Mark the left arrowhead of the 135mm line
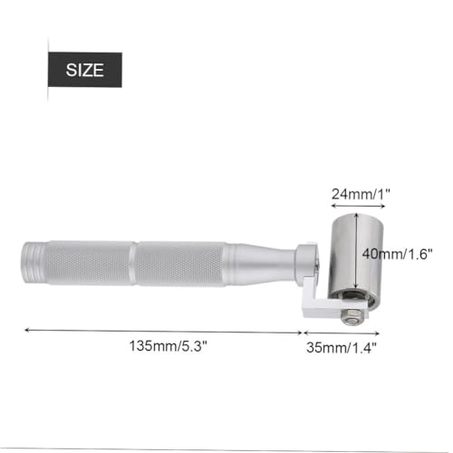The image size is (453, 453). click(25, 331)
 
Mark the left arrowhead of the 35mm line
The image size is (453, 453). click(304, 331)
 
